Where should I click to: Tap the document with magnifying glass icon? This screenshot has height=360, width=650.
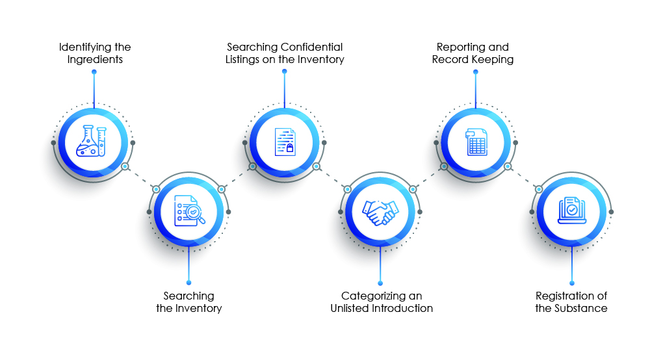[x=189, y=212]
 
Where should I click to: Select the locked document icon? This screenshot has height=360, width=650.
[x=284, y=141]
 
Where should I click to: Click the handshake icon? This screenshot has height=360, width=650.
[x=380, y=212]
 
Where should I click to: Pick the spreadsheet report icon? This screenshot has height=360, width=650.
[x=476, y=141]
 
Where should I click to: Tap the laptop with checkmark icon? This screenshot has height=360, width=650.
[x=571, y=211]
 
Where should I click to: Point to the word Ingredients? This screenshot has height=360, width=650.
[x=95, y=59]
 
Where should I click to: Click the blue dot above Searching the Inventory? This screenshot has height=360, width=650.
[x=189, y=282]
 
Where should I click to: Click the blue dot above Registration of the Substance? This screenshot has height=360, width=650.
[x=571, y=282]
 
